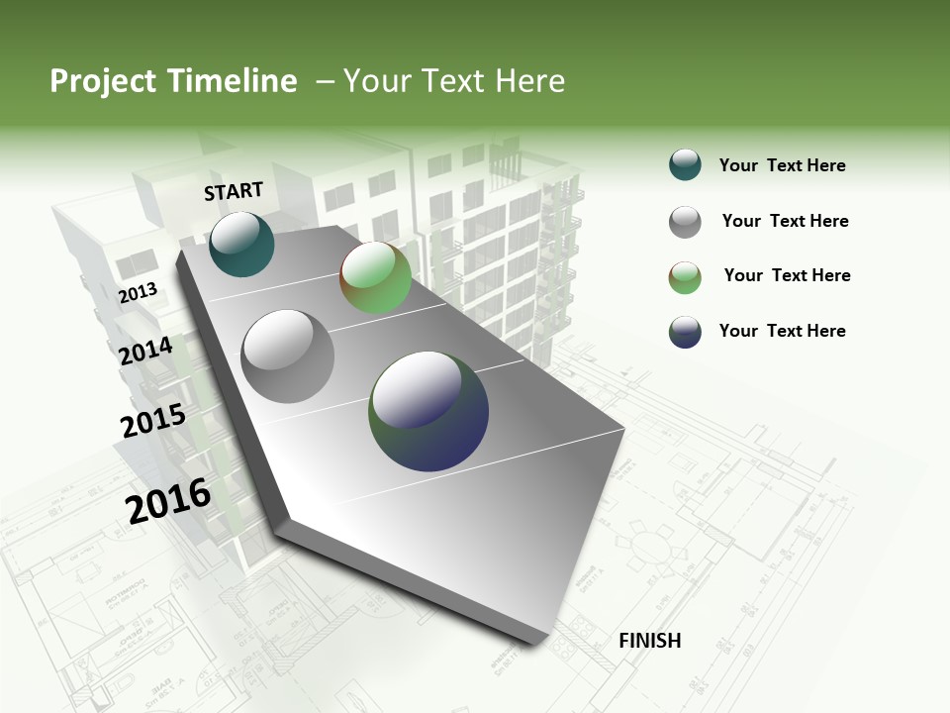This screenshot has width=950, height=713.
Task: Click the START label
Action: point(234,191)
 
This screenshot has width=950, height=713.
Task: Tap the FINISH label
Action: point(649,641)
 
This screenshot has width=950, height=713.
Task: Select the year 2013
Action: point(139,292)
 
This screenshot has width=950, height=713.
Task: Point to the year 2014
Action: point(146,351)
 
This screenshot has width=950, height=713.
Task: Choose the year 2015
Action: point(153,421)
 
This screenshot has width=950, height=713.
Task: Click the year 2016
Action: point(168,500)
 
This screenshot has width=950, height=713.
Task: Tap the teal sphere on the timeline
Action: point(241,244)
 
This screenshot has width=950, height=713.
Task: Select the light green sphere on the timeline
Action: point(375,278)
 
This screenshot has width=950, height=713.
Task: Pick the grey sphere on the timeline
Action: point(288,356)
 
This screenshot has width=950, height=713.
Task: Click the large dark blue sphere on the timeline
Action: point(428,411)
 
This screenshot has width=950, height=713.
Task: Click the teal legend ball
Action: point(685,164)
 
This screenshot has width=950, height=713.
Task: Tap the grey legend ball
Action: point(685,222)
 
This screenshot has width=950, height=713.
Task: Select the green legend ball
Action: point(685,277)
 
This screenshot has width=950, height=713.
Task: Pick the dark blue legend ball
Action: point(685,332)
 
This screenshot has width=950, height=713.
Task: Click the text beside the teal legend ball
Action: point(782,165)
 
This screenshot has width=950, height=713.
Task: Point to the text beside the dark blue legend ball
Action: point(782,331)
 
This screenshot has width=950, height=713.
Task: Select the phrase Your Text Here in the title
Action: point(454,81)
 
